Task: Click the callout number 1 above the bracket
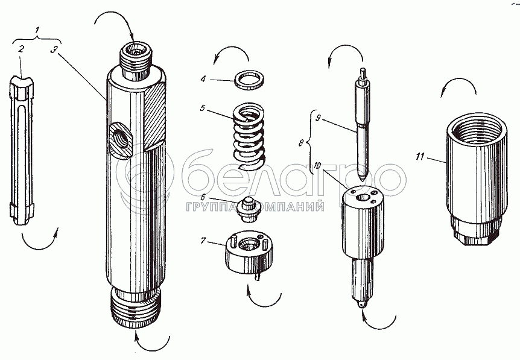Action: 37,30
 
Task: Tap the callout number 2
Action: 21,49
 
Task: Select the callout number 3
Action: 54,49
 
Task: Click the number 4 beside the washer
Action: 203,79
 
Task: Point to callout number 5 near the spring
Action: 203,108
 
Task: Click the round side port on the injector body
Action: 121,139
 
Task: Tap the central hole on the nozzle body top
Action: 362,198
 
